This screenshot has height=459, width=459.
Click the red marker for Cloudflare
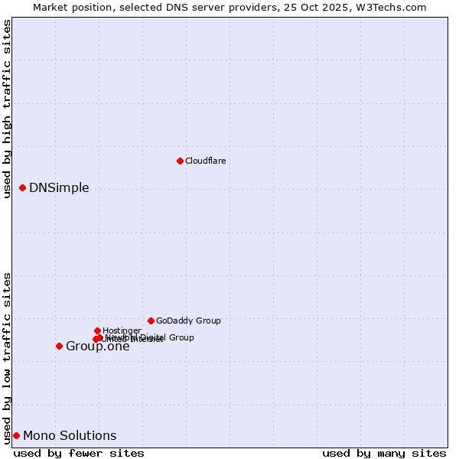180,161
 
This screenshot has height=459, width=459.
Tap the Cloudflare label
205,161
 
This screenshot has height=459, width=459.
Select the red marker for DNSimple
22,187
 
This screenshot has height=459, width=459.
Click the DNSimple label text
59,188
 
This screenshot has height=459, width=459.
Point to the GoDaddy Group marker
151,321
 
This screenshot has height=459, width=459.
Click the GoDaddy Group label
188,321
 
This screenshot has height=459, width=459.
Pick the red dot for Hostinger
97,330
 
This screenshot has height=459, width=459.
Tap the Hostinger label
122,330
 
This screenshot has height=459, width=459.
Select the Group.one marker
59,346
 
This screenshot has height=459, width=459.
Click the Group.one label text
97,347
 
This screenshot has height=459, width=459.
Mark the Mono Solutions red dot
16,435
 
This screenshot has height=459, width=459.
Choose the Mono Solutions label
70,436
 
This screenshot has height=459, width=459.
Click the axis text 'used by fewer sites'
79,453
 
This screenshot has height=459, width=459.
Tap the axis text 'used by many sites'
384,453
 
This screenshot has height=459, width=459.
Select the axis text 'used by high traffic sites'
8,109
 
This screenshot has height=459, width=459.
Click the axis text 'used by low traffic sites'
8,357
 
